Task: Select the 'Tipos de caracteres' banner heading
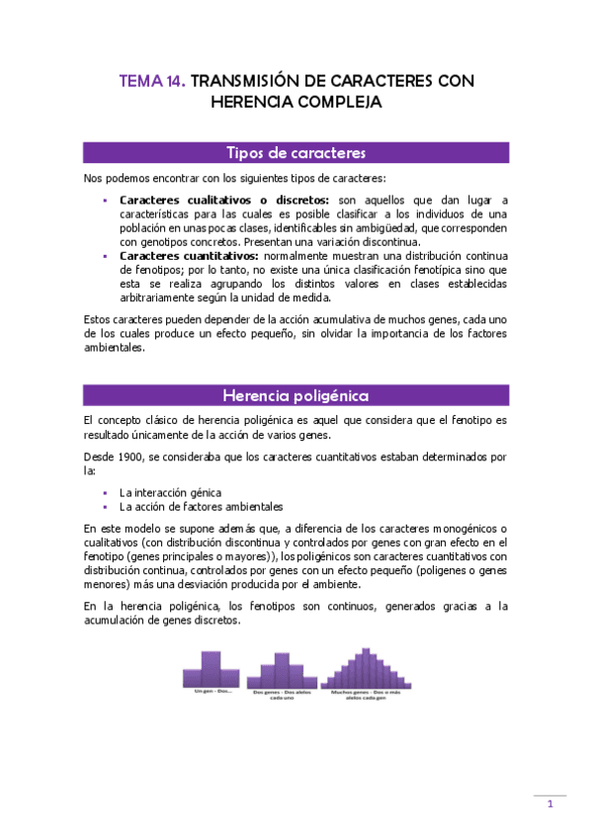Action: [296, 153]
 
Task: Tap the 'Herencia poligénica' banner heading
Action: [296, 396]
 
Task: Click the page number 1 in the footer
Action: [550, 804]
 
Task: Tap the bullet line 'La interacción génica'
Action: [170, 492]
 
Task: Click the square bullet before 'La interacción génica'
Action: [106, 492]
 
